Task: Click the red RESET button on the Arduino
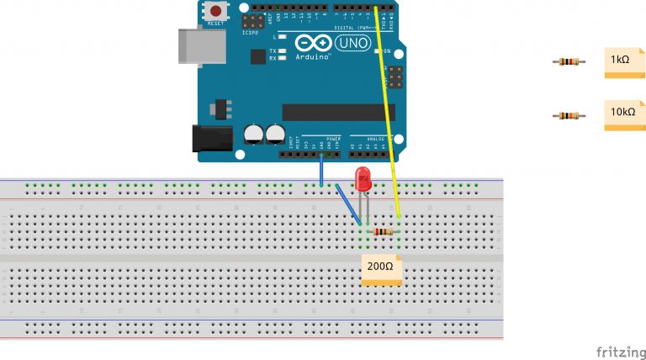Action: [217, 12]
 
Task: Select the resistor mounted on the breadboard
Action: [383, 232]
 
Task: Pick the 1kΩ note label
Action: [622, 62]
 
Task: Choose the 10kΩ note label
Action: [623, 114]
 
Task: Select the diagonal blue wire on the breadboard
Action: [349, 204]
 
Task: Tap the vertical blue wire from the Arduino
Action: [320, 172]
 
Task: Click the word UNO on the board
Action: [352, 42]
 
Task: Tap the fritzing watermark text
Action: [621, 351]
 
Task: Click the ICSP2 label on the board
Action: [250, 33]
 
